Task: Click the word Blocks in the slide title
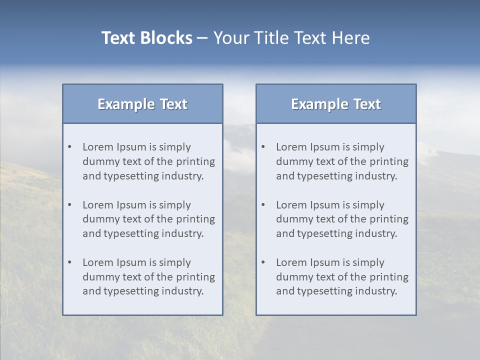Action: [x=166, y=38]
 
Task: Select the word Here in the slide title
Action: [x=353, y=38]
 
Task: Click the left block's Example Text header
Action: [x=142, y=104]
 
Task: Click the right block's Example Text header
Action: [x=336, y=104]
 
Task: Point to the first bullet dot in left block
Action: [x=69, y=147]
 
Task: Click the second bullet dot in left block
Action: [x=69, y=205]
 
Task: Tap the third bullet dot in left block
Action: [x=69, y=262]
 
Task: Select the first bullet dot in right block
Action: [x=263, y=147]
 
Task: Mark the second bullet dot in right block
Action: [x=263, y=205]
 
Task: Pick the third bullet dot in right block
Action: [x=263, y=262]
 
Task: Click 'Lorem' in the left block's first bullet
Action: [x=97, y=147]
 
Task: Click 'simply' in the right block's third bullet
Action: [x=368, y=262]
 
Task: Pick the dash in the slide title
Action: [x=202, y=38]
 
